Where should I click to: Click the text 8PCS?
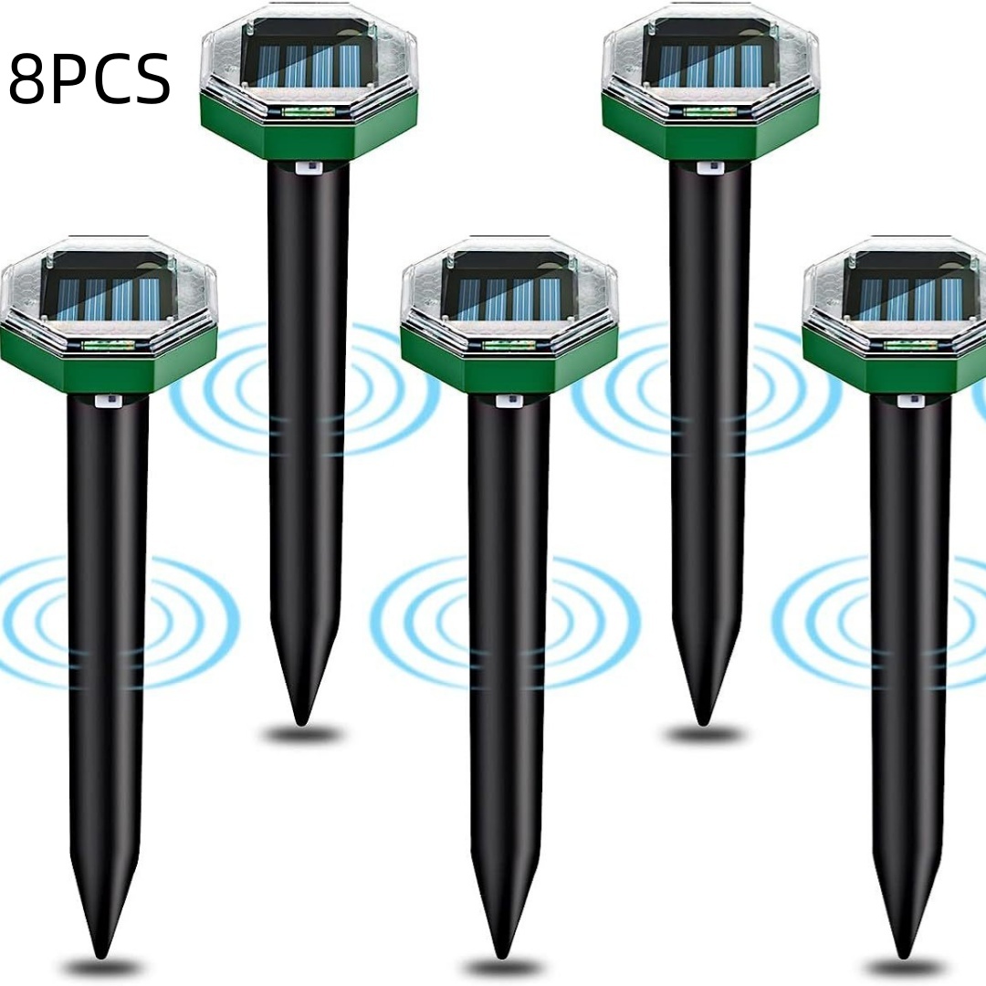coord(89,79)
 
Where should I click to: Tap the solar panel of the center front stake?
coord(509,291)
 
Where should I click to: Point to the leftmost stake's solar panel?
coord(107,291)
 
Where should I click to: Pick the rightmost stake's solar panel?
coord(910,291)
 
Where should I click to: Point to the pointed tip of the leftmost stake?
coord(101,949)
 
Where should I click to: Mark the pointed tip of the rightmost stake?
coord(905,949)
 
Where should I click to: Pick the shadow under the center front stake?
coord(503,967)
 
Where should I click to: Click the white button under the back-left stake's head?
coord(306,168)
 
